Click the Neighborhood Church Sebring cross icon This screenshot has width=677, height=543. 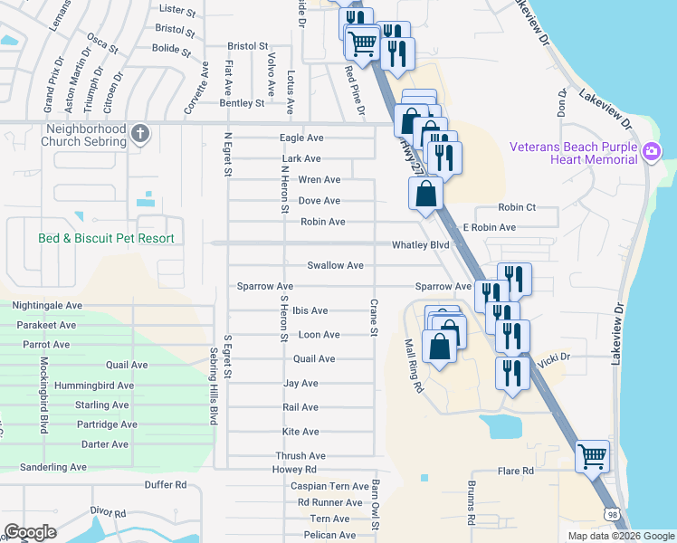coord(139,134)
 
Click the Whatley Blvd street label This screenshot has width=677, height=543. coord(420,245)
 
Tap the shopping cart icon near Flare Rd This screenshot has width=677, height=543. coord(592,457)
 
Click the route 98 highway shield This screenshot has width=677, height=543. coord(613,513)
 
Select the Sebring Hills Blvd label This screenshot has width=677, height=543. coord(215,386)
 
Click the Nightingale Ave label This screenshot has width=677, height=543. coord(47,306)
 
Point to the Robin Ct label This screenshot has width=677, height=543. coord(517,207)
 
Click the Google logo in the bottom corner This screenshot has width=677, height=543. coord(30,532)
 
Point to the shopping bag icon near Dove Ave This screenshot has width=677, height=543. coord(425,195)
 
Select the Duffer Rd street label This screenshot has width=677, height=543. coord(164,485)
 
